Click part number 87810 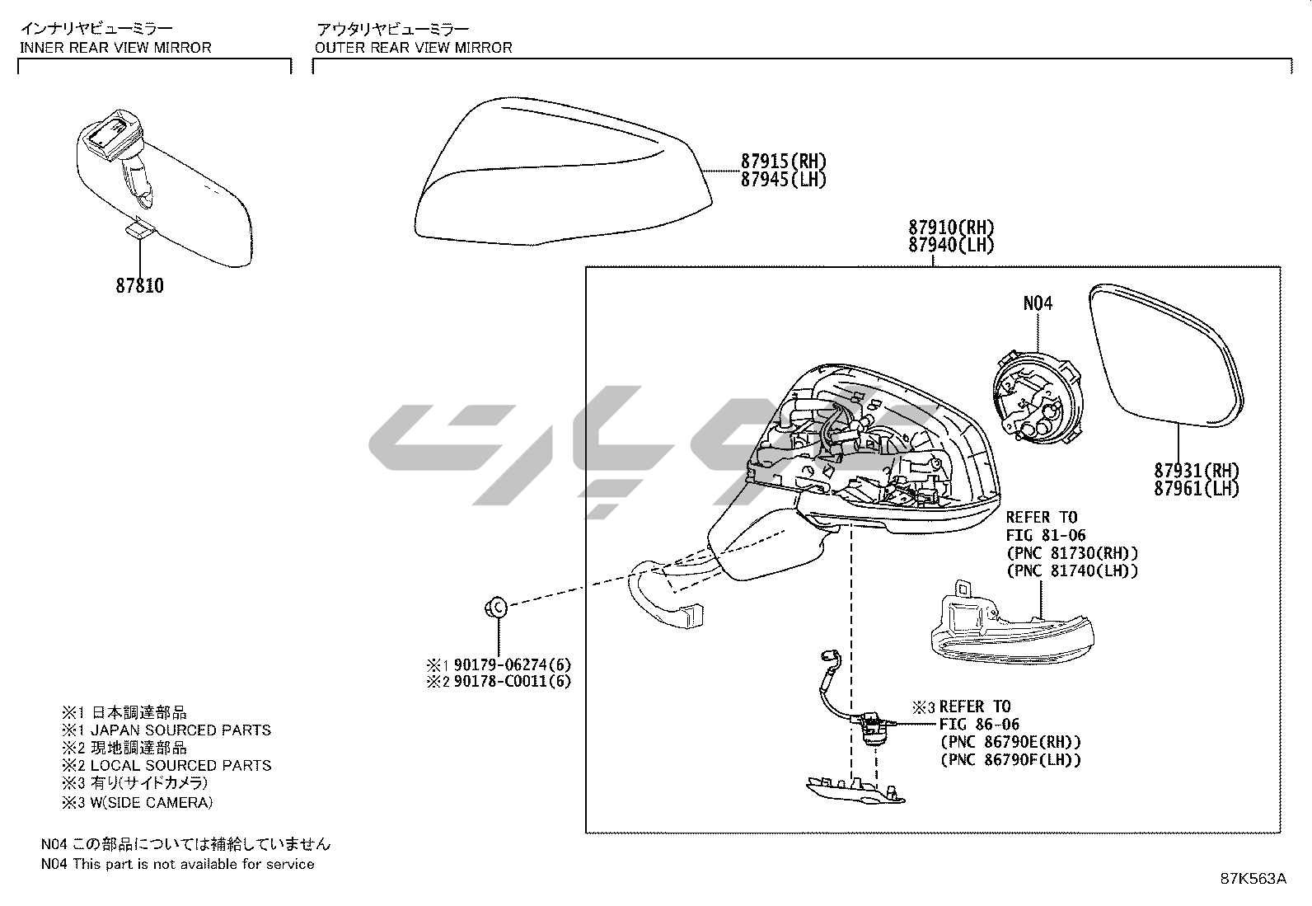point(139,286)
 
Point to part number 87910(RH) point(951,227)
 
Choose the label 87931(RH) point(1197,471)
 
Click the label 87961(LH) point(1197,488)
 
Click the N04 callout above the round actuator point(1038,303)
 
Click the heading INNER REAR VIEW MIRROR point(115,48)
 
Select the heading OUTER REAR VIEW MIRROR point(413,48)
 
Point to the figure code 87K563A point(1253,878)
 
